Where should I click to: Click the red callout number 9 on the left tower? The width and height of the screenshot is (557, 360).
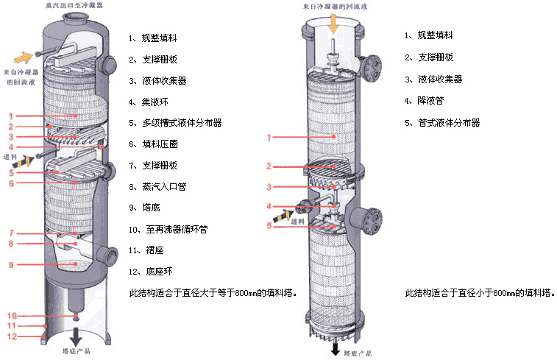tap(11, 265)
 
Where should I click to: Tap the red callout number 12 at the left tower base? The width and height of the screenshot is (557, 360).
tap(13, 336)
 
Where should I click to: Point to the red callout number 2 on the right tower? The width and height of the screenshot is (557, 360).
tap(269, 166)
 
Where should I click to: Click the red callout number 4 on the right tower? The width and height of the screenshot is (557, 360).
tap(269, 206)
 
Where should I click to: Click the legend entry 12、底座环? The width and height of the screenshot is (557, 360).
tap(150, 272)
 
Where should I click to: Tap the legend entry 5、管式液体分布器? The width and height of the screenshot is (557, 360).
tap(442, 122)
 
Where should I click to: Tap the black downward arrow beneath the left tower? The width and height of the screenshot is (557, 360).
tap(77, 338)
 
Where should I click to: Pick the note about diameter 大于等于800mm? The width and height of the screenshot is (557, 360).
tap(213, 293)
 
